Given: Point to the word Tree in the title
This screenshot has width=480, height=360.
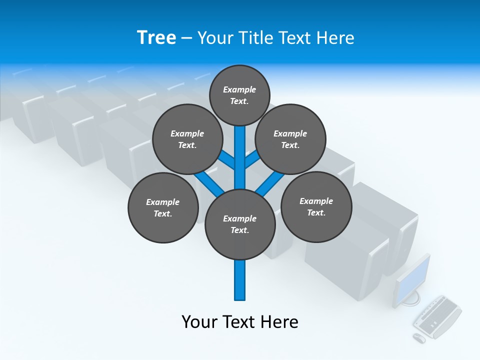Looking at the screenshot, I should click(156, 37).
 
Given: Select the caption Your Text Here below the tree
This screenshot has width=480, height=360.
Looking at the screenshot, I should click(240, 322).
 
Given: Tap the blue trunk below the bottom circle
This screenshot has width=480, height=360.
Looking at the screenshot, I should click(240, 280).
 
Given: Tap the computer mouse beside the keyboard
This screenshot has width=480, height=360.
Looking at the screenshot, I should click(419, 338).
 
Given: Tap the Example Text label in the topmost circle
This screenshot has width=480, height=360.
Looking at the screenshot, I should click(239, 95).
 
